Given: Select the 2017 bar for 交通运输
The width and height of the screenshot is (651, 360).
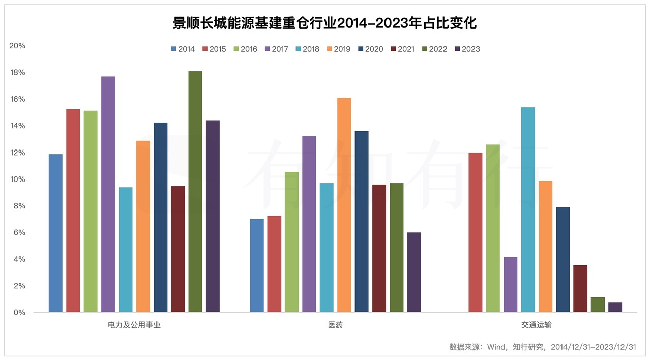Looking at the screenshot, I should [510, 284].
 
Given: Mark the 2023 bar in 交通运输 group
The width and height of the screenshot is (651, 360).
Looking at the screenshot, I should [615, 307].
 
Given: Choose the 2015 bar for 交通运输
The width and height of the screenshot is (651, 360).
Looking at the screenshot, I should [475, 232].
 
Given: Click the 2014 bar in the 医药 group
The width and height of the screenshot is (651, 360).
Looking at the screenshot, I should [257, 265].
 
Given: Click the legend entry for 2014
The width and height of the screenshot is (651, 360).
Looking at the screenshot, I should [183, 49].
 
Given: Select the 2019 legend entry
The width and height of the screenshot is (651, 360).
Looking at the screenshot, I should [338, 49].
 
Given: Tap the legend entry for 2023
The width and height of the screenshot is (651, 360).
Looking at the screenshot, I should [467, 49].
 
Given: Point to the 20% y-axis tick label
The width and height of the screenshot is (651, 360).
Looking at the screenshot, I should [17, 46].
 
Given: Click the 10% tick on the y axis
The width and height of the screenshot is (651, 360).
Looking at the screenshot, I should [17, 179].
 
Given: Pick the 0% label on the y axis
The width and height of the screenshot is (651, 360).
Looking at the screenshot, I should [19, 313].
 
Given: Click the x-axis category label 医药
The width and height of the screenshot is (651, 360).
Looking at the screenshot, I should [335, 325].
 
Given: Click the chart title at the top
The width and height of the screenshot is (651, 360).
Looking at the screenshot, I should [325, 23].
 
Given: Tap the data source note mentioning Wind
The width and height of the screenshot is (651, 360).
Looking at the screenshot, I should [543, 347].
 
